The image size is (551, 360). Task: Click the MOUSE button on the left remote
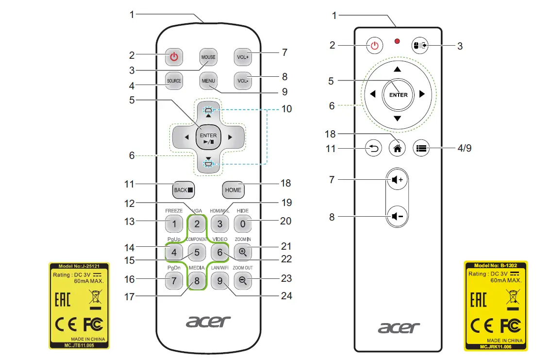(208, 57)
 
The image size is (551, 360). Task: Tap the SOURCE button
(174, 81)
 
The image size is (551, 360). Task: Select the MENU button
(208, 81)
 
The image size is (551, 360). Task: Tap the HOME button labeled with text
(233, 190)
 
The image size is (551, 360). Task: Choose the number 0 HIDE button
(243, 224)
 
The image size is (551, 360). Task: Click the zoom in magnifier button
(243, 252)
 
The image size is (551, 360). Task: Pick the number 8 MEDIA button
(197, 280)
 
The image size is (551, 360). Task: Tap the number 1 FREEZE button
(174, 224)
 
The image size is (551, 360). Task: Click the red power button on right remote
(374, 46)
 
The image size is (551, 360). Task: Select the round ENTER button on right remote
(398, 95)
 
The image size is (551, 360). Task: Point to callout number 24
(287, 295)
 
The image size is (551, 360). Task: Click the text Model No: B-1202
(495, 266)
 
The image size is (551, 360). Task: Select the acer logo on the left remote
(208, 321)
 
